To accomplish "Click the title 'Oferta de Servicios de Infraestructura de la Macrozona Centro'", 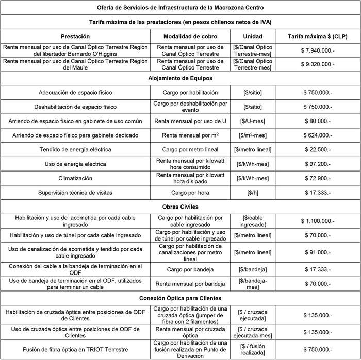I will coord(180,8).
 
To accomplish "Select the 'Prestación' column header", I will coord(75,36).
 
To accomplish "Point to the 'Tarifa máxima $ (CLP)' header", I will coord(318,36).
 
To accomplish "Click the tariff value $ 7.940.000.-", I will coord(318,50).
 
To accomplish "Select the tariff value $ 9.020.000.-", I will coord(318,64).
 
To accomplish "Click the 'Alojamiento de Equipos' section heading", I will coord(180,78).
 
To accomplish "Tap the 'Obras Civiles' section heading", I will coord(180,207).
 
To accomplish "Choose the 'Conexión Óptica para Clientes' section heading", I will coord(180,298).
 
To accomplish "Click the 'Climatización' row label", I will coord(75,178).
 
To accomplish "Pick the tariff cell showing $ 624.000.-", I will coord(318,135).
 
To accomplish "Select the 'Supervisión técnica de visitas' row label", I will coord(75,193).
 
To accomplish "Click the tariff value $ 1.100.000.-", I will coord(318,221).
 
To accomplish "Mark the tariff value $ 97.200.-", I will coord(318,164).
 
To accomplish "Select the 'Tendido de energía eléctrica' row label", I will coord(75,150).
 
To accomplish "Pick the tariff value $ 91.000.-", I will coord(318,253).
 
